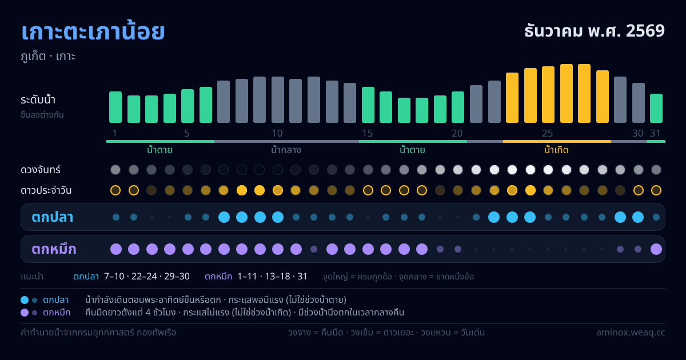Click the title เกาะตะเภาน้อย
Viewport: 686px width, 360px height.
(x=93, y=32)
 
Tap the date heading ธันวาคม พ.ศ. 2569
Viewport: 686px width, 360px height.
(x=595, y=31)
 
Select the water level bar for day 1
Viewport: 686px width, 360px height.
(x=115, y=107)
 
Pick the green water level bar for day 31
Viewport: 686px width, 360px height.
(x=656, y=109)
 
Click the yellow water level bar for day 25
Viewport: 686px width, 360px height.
(x=548, y=95)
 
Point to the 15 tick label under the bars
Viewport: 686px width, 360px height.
(x=368, y=133)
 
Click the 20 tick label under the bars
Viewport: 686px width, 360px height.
(x=457, y=133)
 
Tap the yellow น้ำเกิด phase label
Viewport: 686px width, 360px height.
(x=556, y=150)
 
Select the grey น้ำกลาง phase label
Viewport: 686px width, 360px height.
(x=286, y=150)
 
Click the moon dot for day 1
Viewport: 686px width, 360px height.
(x=115, y=170)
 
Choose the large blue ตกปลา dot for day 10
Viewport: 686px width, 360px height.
(x=278, y=217)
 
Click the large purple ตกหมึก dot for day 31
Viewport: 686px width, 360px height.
(x=656, y=249)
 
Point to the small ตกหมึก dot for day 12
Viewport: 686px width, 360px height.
(x=314, y=249)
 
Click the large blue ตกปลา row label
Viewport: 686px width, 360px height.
(x=53, y=217)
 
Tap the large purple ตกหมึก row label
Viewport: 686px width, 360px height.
(x=54, y=249)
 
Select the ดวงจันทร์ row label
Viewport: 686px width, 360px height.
(x=41, y=170)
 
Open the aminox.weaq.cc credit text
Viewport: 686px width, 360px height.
(x=631, y=333)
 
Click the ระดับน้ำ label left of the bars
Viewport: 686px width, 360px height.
(x=38, y=100)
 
